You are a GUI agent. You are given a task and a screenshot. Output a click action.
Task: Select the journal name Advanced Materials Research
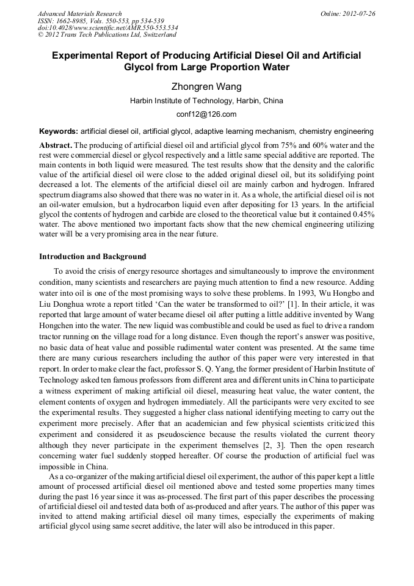pyautogui.click(x=79, y=13)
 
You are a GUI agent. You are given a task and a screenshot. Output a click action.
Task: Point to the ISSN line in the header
pyautogui.click(x=101, y=21)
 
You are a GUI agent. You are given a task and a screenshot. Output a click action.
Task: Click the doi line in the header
pyautogui.click(x=108, y=27)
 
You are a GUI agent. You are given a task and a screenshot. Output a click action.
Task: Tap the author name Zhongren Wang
pyautogui.click(x=206, y=87)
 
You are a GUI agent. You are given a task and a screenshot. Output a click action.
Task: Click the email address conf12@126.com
pyautogui.click(x=206, y=114)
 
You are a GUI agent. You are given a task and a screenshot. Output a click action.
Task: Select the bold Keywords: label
pyautogui.click(x=59, y=131)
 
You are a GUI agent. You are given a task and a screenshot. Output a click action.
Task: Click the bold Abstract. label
pyautogui.click(x=56, y=145)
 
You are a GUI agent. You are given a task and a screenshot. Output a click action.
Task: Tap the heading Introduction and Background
pyautogui.click(x=93, y=256)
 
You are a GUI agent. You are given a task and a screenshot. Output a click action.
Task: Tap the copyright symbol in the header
pyautogui.click(x=40, y=35)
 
